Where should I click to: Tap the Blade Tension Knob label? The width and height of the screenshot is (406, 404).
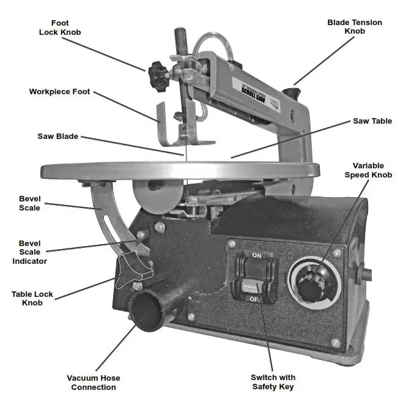pos(355,27)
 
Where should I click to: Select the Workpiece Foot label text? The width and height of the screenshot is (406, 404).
pos(59,92)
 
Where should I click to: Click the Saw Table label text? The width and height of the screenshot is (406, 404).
pos(372,121)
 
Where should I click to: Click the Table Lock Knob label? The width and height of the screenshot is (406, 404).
pos(32,298)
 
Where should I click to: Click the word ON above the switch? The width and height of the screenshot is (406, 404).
pos(256,254)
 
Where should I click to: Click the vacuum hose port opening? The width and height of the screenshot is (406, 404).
pos(144,313)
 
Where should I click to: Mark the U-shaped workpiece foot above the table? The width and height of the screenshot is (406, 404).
pos(176,125)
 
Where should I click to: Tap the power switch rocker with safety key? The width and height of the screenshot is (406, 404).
pos(256,277)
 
